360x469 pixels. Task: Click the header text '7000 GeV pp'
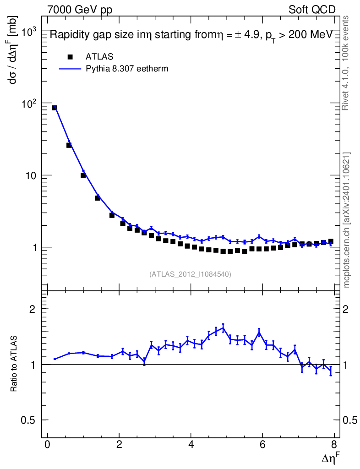pyautogui.click(x=80, y=9)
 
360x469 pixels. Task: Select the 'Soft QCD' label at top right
pyautogui.click(x=312, y=9)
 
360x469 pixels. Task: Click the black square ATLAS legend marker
pyautogui.click(x=70, y=57)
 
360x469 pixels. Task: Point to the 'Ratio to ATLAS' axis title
pyautogui.click(x=14, y=364)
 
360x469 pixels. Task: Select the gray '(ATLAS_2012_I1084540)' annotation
pyautogui.click(x=190, y=274)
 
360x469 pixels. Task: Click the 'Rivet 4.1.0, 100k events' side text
pyautogui.click(x=346, y=63)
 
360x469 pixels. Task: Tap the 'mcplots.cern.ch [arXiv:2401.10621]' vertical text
pyautogui.click(x=347, y=220)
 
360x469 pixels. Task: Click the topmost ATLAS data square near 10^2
pyautogui.click(x=55, y=108)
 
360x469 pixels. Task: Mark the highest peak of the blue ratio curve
pyautogui.click(x=223, y=327)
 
